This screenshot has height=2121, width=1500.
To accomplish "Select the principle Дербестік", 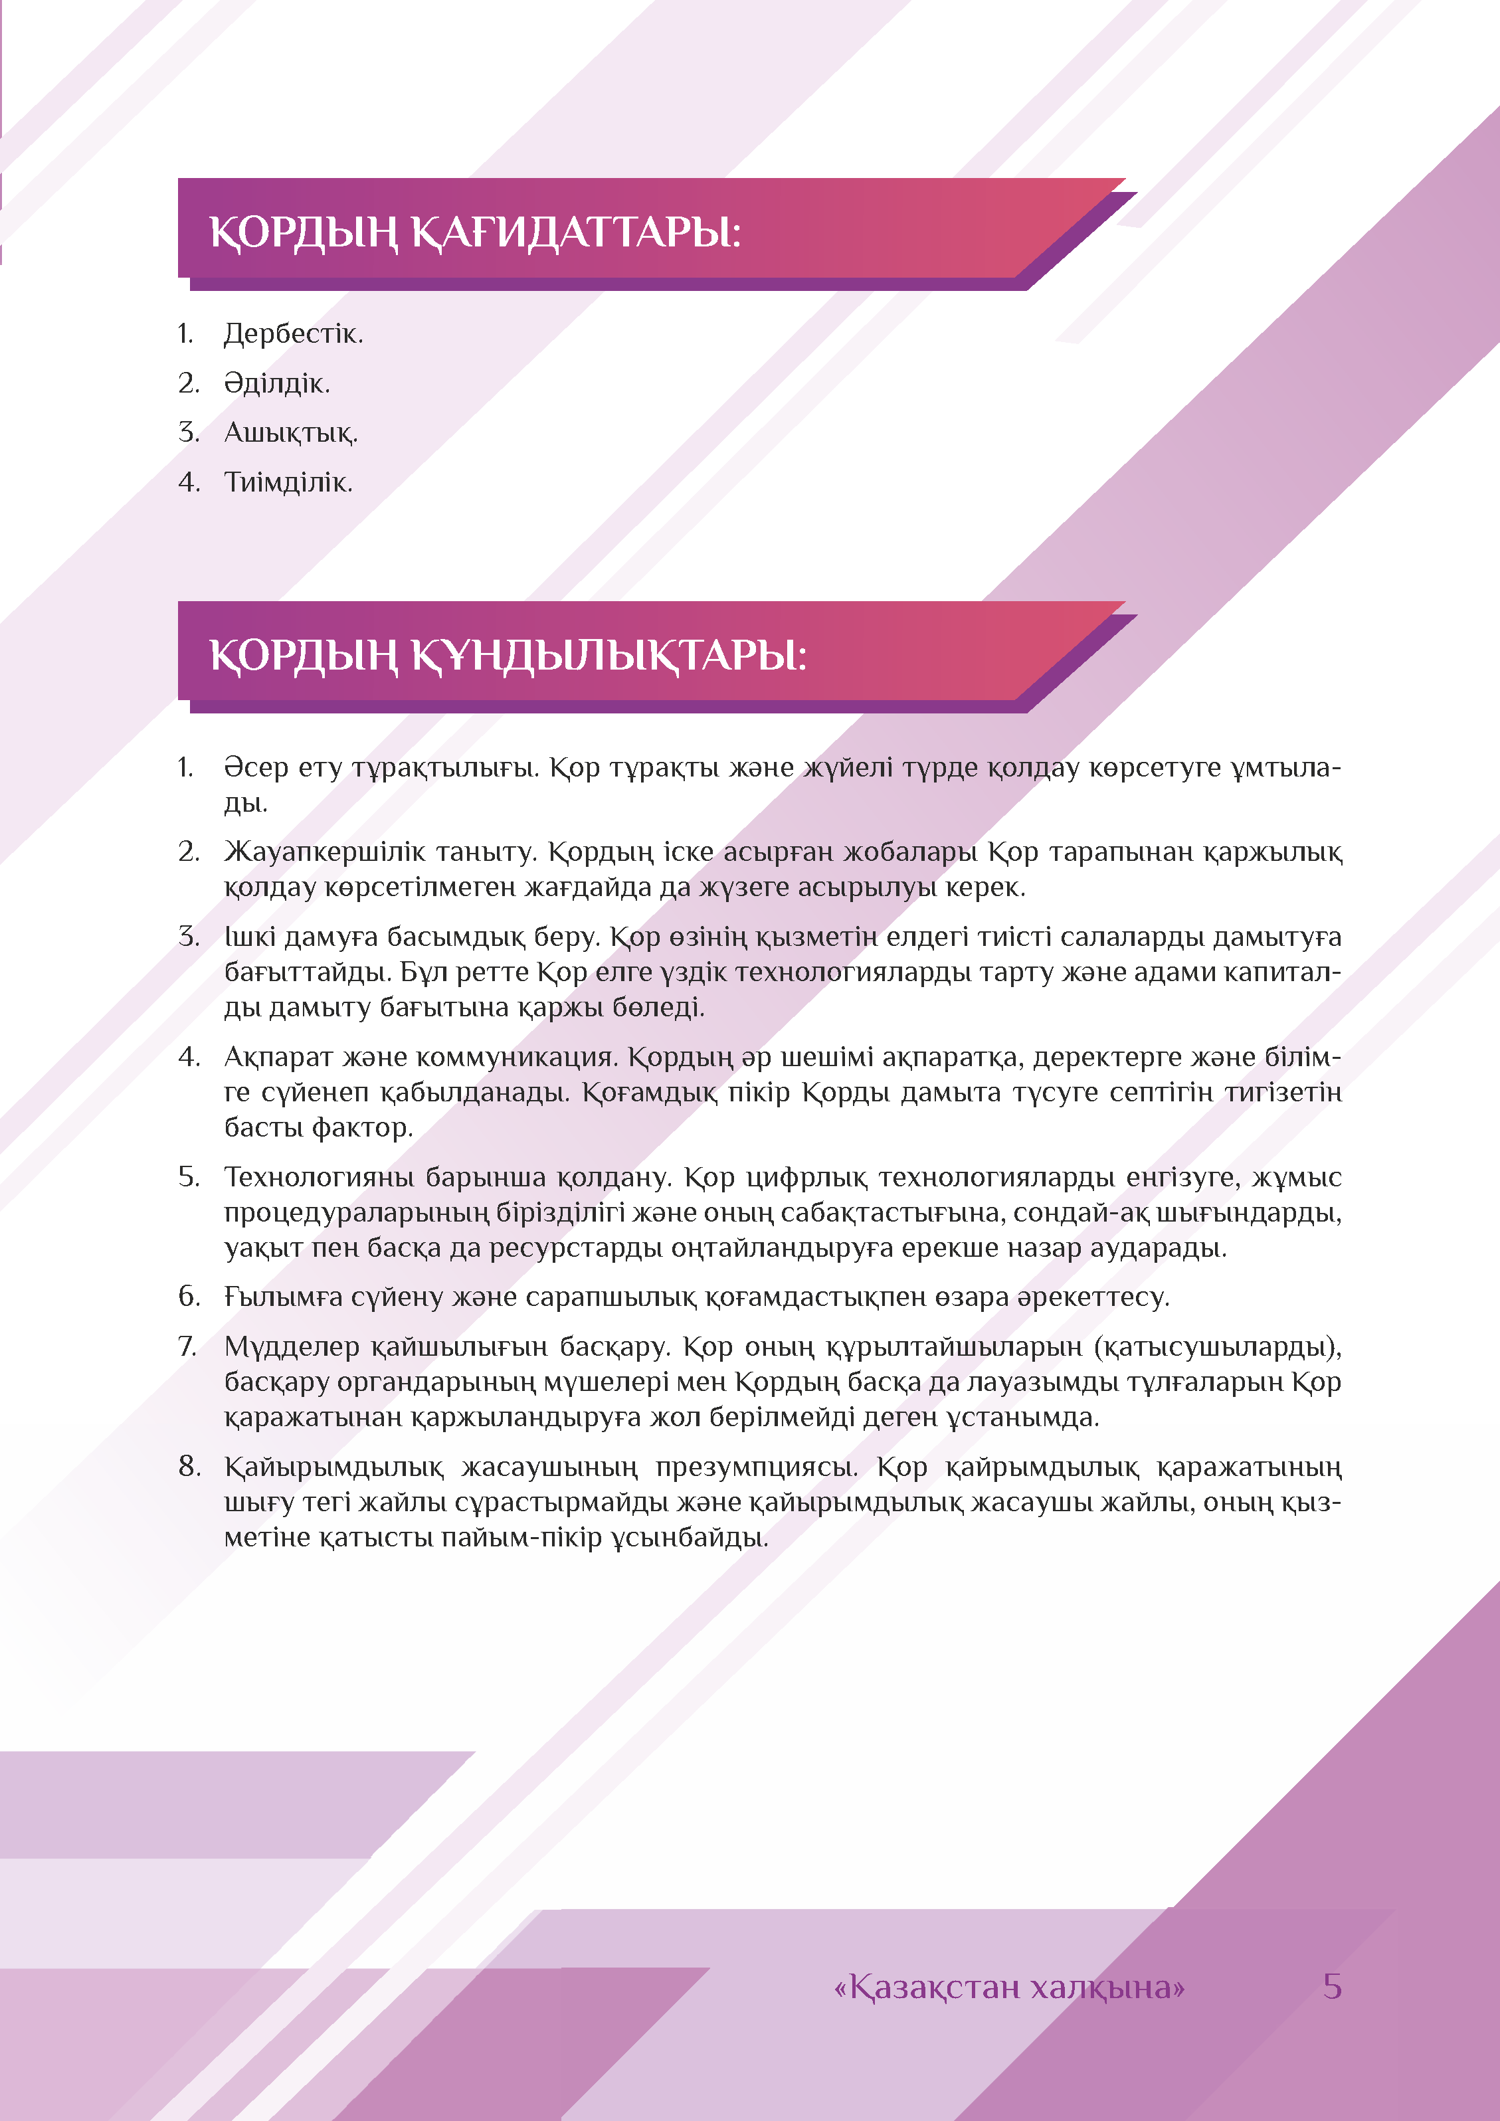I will coord(293,333).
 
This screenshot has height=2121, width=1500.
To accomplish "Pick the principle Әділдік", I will coord(276,383).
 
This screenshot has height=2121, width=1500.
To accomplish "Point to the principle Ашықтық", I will coord(290,432).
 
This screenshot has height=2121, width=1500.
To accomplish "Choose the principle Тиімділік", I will coord(287,482).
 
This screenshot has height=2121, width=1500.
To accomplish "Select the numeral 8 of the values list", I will coord(189,1467).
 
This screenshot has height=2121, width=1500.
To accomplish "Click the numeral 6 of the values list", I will coord(189,1297).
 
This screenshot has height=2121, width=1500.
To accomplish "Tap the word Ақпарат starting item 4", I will coord(278,1057).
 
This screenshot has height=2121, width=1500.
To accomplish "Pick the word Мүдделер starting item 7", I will coord(291,1347).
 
